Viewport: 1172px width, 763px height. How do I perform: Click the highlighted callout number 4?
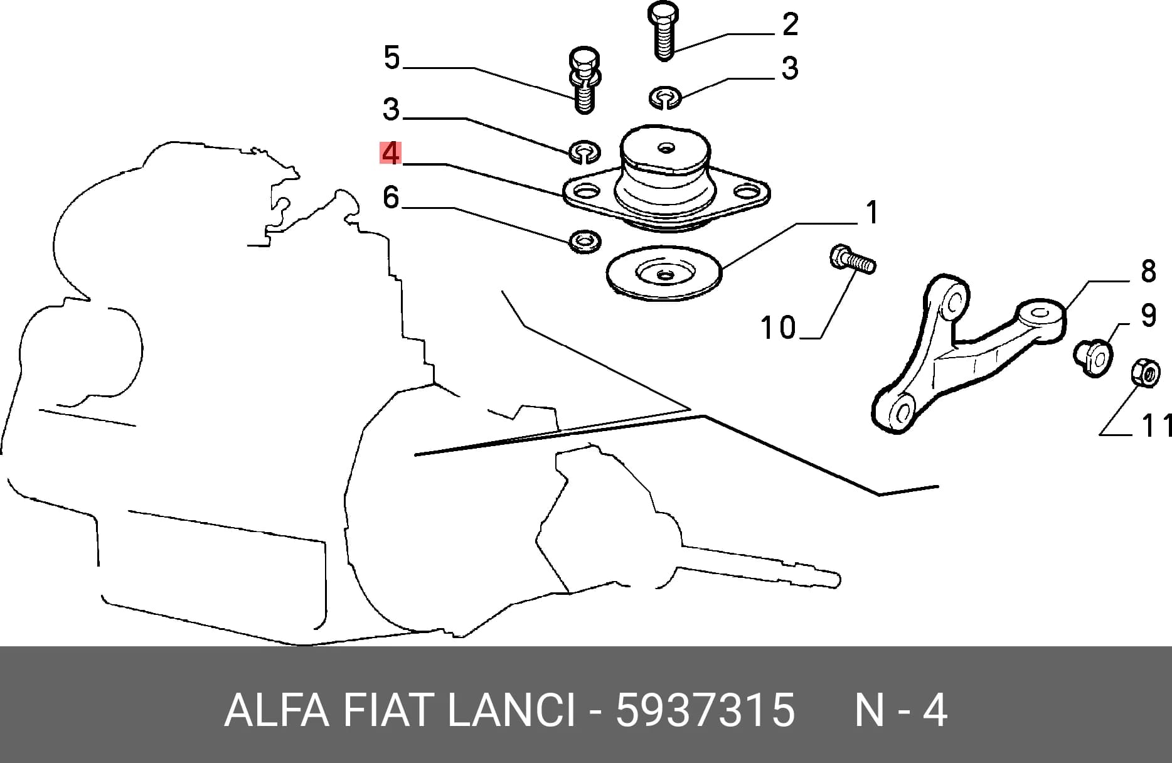pos(390,153)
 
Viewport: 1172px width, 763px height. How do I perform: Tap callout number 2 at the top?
pos(790,24)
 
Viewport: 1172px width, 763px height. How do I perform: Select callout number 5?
pos(392,58)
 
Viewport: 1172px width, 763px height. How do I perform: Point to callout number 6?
pos(391,197)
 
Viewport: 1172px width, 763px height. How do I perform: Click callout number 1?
pos(872,213)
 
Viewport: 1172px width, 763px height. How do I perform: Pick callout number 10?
pos(778,328)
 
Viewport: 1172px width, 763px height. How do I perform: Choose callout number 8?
pos(1148,271)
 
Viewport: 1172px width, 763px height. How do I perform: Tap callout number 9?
pos(1148,315)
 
